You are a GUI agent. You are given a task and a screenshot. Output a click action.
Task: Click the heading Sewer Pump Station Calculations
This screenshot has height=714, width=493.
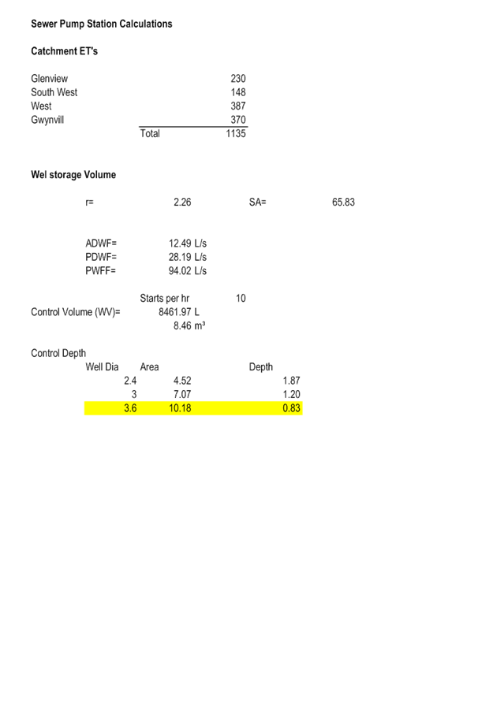point(102,24)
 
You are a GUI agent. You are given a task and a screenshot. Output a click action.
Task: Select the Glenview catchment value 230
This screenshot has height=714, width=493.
point(238,79)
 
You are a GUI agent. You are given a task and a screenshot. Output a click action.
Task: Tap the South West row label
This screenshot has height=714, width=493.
point(54,92)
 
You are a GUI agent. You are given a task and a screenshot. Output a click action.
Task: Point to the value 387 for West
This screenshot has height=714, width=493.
point(238,106)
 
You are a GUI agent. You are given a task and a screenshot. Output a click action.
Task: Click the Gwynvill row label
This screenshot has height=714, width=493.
point(47,121)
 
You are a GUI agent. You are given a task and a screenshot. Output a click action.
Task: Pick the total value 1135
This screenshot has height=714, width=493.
point(236,133)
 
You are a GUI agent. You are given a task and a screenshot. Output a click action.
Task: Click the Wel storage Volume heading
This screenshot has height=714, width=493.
point(73,175)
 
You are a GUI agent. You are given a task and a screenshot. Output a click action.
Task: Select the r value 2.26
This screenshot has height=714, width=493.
point(182,203)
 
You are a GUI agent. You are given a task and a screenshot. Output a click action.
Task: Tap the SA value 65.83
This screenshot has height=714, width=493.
point(344,203)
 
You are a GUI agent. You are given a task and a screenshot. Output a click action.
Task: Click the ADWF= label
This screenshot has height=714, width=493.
point(101,244)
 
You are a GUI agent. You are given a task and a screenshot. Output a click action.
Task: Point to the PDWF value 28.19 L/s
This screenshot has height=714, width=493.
point(188,257)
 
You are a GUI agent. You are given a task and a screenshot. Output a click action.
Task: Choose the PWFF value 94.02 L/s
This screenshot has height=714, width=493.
point(188,271)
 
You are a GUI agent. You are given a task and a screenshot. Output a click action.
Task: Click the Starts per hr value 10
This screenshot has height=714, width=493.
point(241,298)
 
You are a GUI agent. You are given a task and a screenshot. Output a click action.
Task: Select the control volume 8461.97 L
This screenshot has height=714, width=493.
point(179,312)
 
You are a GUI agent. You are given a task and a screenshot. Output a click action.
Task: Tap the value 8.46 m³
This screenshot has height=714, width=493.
point(189,325)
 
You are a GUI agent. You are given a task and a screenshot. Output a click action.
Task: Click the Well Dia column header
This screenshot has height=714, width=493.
point(102,367)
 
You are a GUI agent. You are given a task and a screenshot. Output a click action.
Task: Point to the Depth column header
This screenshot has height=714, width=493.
point(261,367)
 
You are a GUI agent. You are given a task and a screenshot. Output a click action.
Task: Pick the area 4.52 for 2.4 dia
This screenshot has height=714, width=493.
point(182,381)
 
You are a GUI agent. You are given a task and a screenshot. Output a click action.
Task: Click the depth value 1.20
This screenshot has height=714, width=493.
point(292,394)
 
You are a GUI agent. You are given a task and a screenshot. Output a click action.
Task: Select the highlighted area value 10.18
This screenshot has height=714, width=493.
point(180,408)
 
